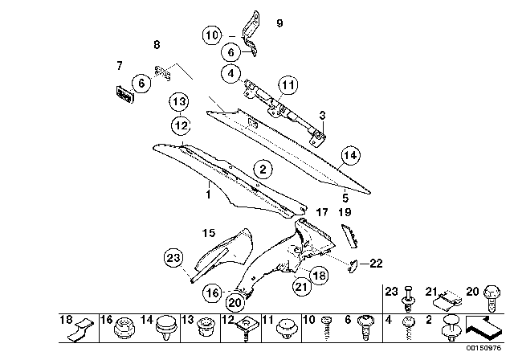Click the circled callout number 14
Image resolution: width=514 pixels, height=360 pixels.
coord(349,156)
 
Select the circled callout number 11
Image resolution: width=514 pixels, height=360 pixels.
coord(288,84)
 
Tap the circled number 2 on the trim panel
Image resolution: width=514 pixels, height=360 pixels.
coord(262,170)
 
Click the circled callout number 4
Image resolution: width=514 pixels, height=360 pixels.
coord(232,74)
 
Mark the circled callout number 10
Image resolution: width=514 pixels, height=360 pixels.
coord(211,35)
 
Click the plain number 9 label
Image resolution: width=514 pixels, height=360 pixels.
coord(279,23)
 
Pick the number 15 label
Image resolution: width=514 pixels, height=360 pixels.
coord(209,232)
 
